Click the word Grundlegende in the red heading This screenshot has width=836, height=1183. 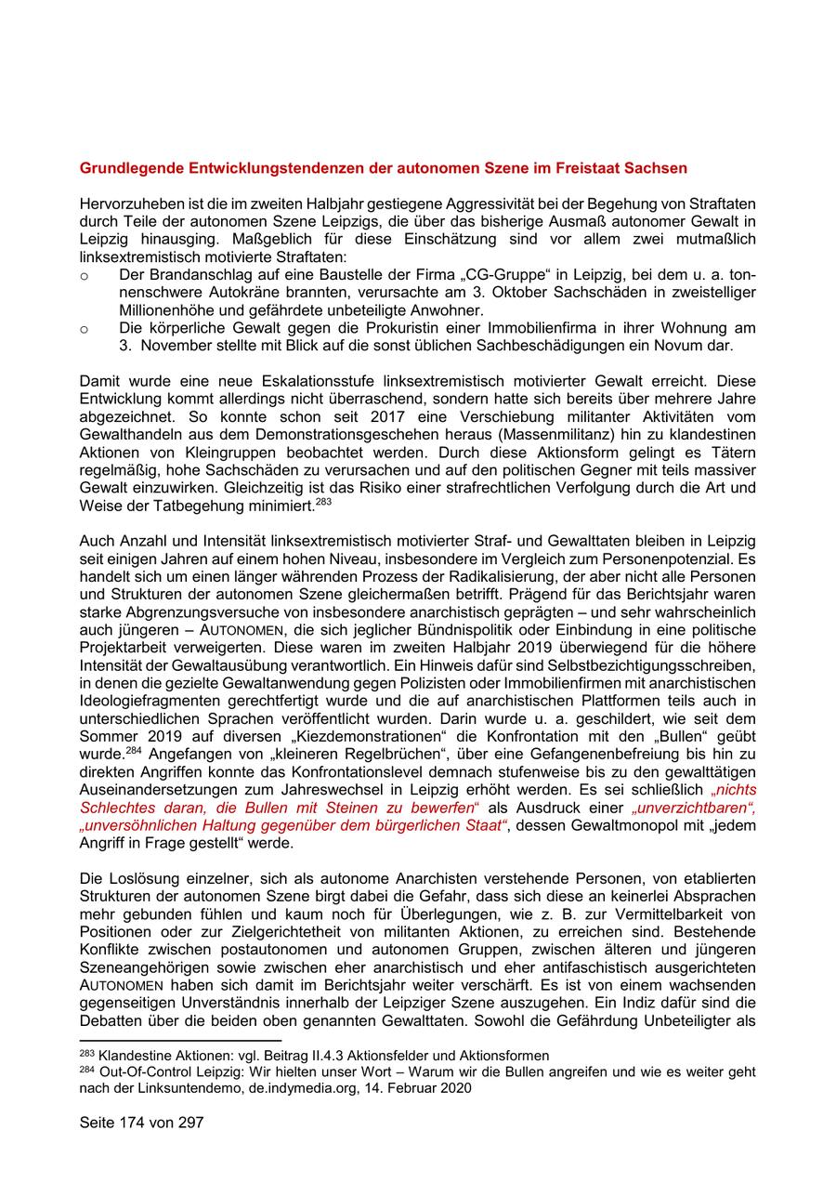[x=126, y=168]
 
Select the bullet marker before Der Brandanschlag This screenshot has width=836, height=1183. [x=85, y=276]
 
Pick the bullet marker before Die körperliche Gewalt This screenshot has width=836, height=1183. [x=85, y=328]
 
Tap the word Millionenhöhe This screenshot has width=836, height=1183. [x=165, y=310]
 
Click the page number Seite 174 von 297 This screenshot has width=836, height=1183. [x=141, y=1123]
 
